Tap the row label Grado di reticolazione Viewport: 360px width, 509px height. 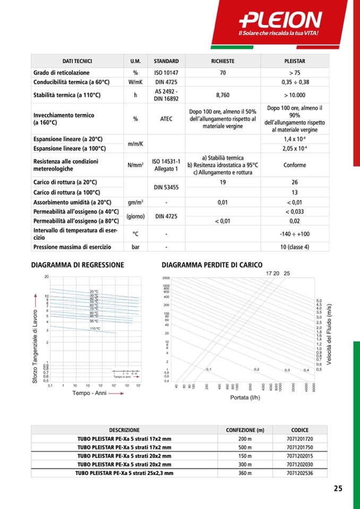(x=62, y=73)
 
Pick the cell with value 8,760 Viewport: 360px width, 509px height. (x=222, y=96)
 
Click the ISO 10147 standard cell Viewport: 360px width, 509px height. (x=166, y=73)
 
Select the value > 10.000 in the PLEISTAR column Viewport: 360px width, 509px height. (x=294, y=96)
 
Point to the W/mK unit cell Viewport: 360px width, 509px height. (x=135, y=82)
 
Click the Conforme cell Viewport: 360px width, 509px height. (x=294, y=165)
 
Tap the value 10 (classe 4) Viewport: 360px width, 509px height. (x=294, y=247)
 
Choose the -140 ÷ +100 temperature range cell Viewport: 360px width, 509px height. (x=294, y=234)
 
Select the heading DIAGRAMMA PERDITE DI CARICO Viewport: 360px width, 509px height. (x=211, y=264)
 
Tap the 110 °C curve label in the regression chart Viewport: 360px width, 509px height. (x=95, y=329)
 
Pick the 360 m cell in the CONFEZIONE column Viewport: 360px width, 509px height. (x=245, y=472)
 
